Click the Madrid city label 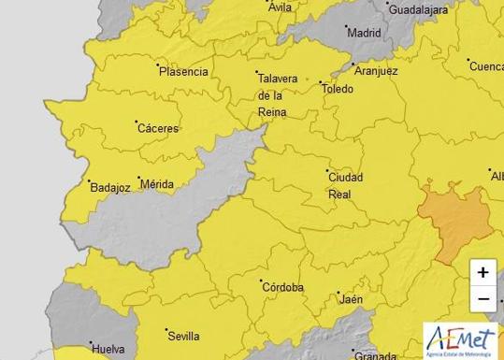tap(364, 32)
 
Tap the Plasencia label tap(182, 71)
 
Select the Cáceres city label tap(158, 128)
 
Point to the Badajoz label tap(109, 187)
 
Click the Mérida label tap(155, 184)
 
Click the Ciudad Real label tap(345, 185)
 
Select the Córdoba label tap(283, 287)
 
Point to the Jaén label tap(352, 299)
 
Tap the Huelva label tap(108, 350)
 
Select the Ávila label tap(280, 7)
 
